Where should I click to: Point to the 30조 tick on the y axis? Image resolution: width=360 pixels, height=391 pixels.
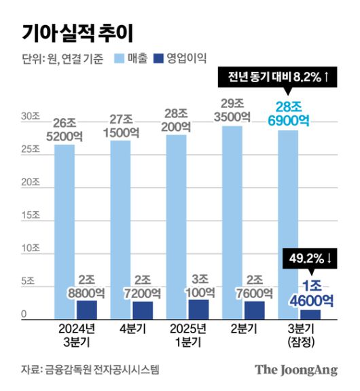coord(30,117)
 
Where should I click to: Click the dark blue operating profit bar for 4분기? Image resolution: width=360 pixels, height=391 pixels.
coord(143,310)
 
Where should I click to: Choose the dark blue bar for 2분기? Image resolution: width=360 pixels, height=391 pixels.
coord(254,310)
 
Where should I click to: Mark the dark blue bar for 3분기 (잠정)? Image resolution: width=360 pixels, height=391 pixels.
coord(309,314)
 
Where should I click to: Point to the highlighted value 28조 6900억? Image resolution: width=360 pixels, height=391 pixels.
coord(293,113)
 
